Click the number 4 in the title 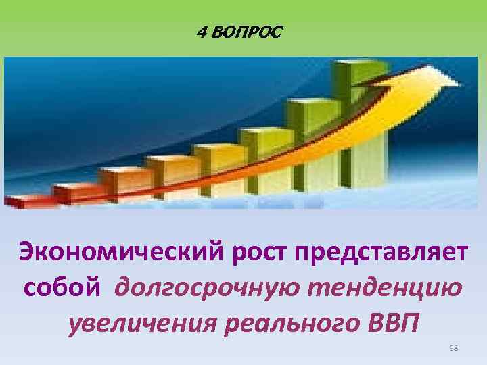202,32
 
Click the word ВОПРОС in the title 248,32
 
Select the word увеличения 140,324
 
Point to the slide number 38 454,348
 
